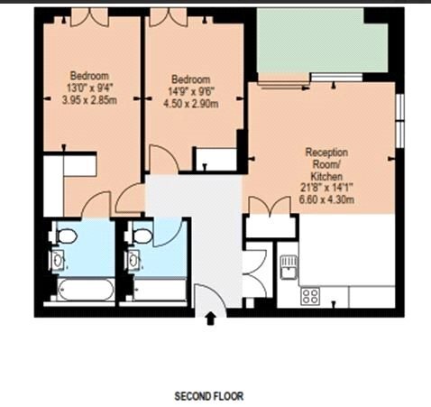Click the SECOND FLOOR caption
(209, 396)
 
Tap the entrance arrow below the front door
(211, 319)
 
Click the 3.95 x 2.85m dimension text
(89, 100)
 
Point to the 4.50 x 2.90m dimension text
(191, 104)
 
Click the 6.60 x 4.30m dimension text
(326, 199)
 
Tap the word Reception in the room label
(326, 153)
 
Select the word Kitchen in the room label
(326, 176)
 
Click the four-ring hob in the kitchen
(310, 296)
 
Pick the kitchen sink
(289, 267)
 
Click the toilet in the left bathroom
(64, 236)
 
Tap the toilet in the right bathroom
(139, 236)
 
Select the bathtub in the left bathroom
(85, 290)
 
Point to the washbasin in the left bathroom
(58, 260)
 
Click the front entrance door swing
(210, 300)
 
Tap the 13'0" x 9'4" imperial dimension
(89, 88)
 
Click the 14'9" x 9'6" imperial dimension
(191, 92)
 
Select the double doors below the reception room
(271, 205)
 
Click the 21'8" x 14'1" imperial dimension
(326, 188)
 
